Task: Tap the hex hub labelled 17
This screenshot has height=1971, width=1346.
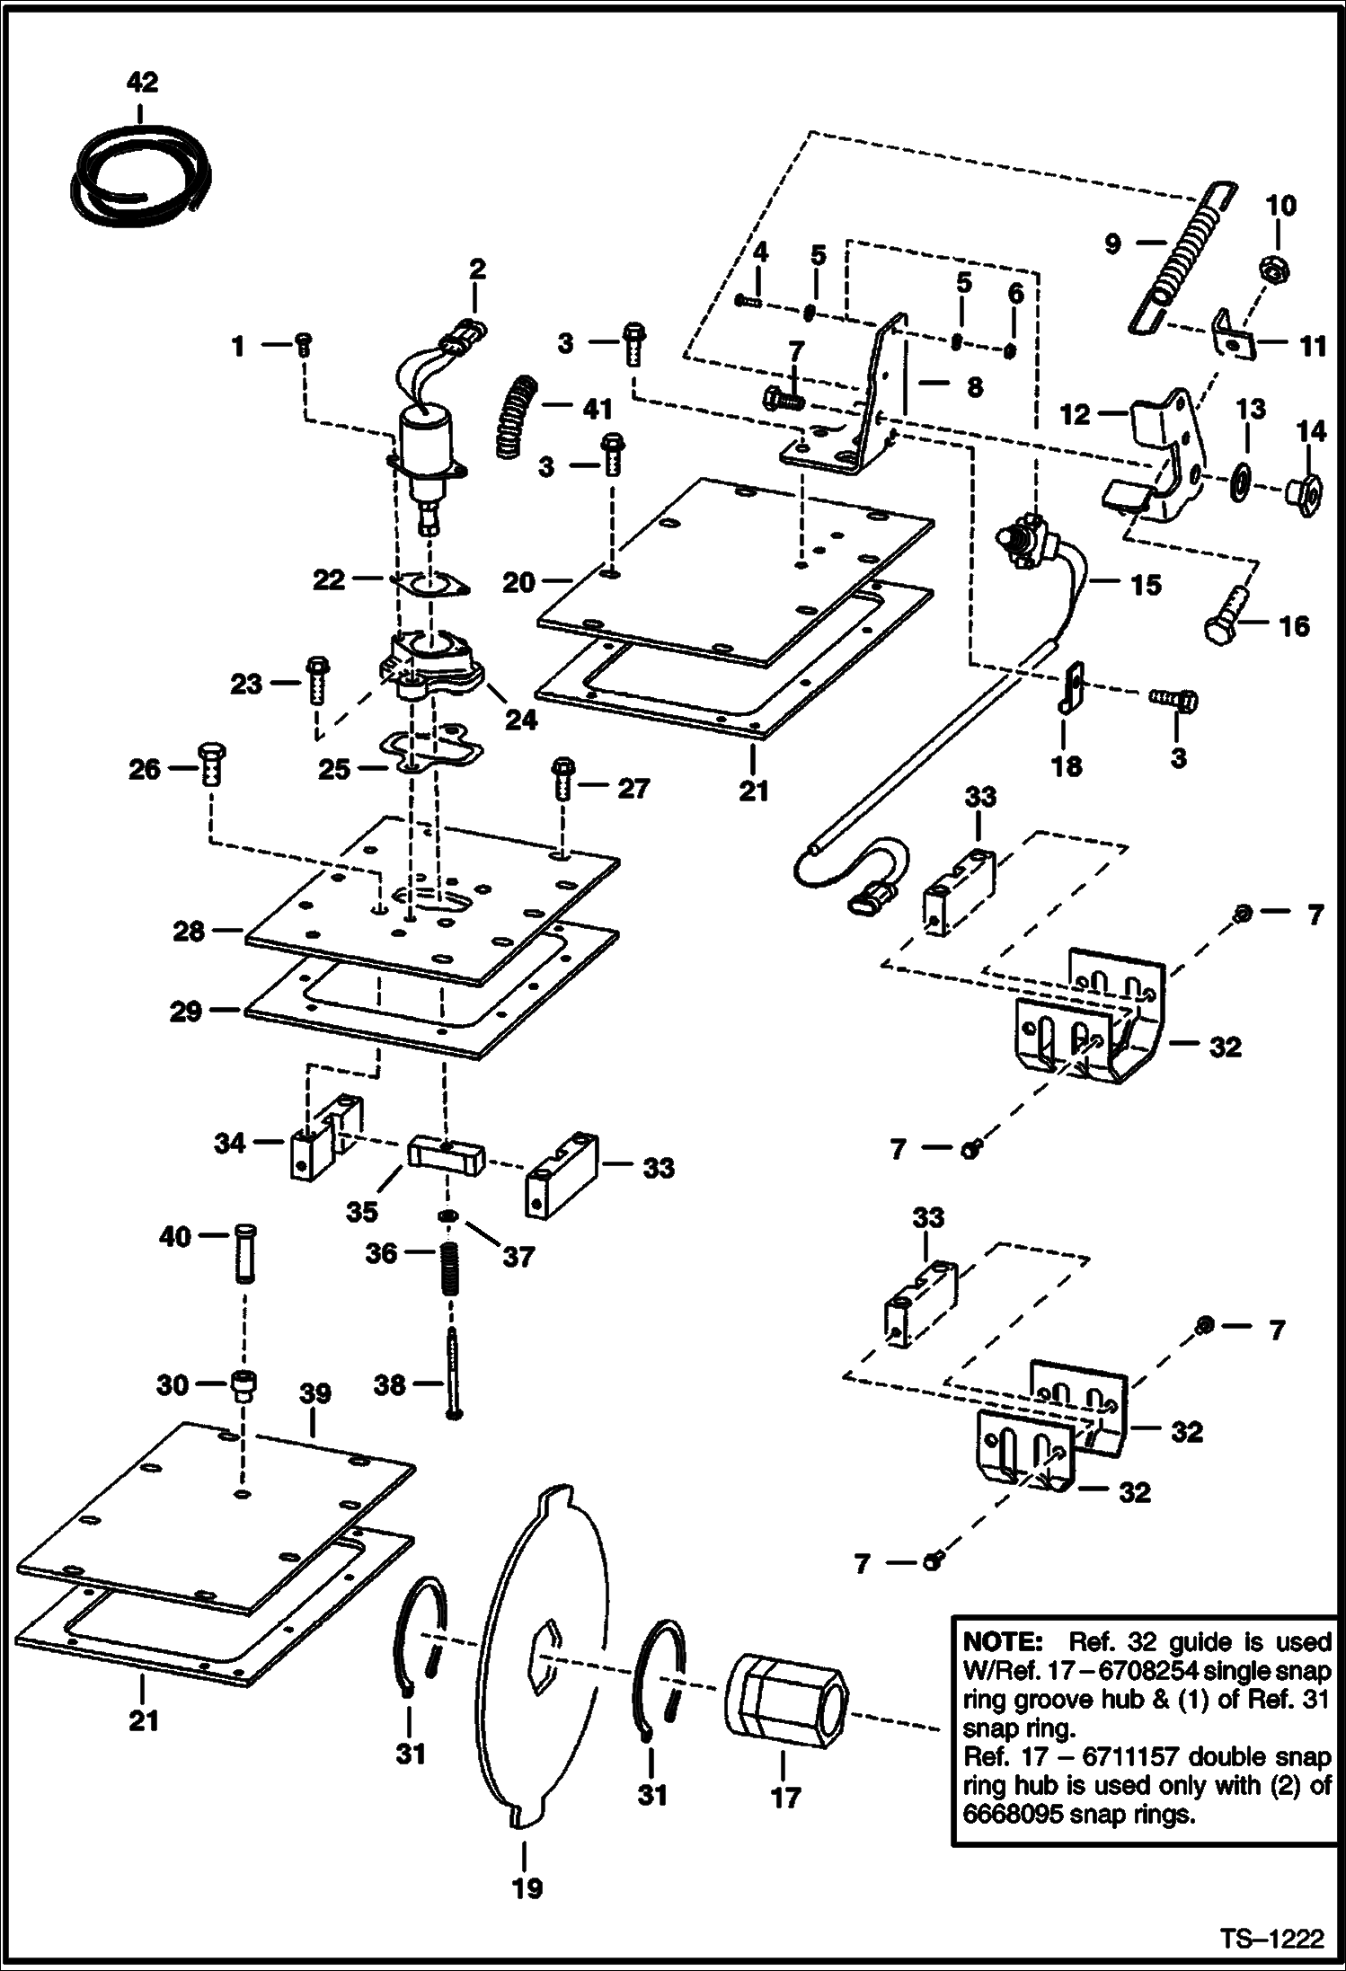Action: [785, 1701]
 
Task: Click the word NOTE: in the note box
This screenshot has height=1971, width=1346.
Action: [1001, 1642]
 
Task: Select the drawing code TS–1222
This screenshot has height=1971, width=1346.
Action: [1271, 1938]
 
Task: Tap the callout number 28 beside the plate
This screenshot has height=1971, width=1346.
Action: [190, 931]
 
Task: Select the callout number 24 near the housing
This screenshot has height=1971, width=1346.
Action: [520, 720]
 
